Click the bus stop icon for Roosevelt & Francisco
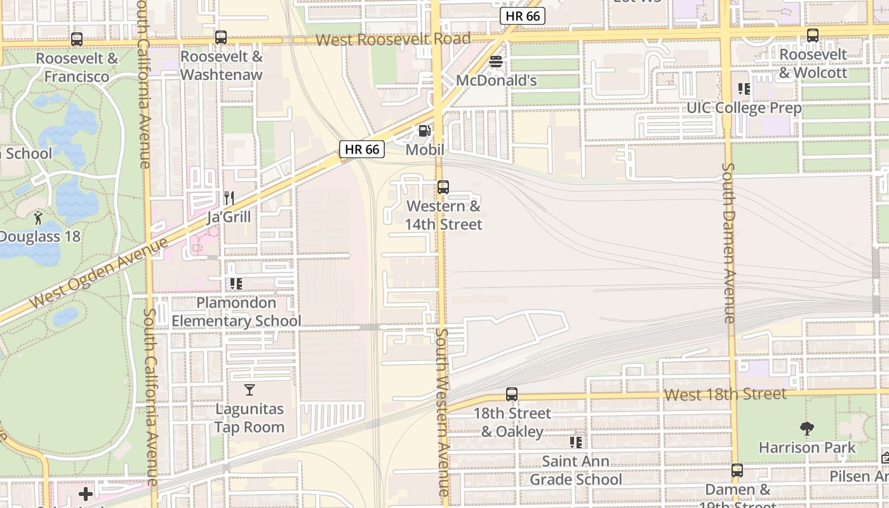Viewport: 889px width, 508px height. click(x=77, y=39)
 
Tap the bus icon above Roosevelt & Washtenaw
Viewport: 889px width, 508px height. click(x=221, y=37)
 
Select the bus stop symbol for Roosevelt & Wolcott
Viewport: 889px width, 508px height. click(x=813, y=36)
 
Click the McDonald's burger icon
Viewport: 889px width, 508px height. click(x=496, y=62)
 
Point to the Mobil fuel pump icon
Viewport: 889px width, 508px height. click(x=424, y=131)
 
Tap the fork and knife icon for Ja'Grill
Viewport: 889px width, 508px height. click(x=229, y=198)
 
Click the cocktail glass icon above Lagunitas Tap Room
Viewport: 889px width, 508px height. click(x=250, y=389)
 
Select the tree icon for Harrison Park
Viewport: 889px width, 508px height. click(x=807, y=429)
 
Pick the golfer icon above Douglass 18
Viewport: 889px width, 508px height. click(x=38, y=218)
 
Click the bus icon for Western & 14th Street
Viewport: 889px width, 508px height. click(x=443, y=187)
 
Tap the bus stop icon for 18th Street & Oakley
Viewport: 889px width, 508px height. click(x=512, y=394)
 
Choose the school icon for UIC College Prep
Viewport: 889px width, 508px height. click(x=744, y=89)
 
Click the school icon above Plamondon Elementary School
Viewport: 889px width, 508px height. click(x=236, y=283)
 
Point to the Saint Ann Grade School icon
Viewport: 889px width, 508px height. click(x=576, y=442)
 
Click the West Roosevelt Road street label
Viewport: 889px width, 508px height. click(x=393, y=39)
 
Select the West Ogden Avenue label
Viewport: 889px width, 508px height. click(x=99, y=272)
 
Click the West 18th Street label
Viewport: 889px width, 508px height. click(x=725, y=394)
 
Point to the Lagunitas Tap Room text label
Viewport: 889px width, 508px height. click(x=250, y=418)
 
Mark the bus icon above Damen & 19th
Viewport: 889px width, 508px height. click(x=737, y=471)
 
